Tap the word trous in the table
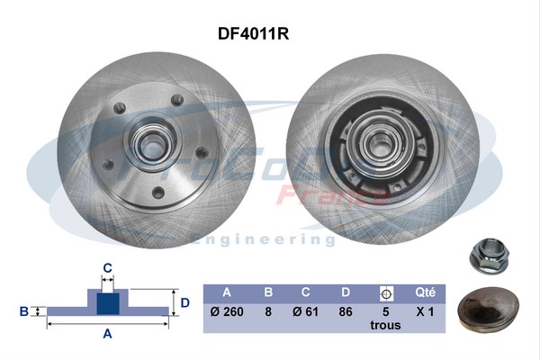386,328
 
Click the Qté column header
426,292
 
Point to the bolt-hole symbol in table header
386,292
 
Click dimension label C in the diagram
107,267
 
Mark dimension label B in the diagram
24,311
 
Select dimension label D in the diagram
184,302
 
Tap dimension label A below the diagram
107,335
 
